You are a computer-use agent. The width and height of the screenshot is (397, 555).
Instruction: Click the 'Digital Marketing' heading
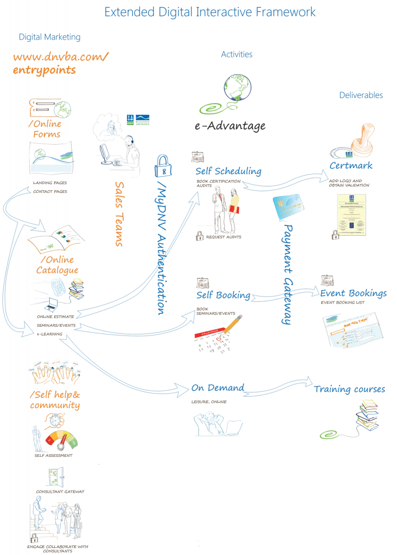point(50,37)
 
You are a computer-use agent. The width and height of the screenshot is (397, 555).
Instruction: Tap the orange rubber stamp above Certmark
point(362,139)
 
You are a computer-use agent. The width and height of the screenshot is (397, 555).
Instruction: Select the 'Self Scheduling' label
point(229,172)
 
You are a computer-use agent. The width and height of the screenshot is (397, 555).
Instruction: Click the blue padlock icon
point(163,165)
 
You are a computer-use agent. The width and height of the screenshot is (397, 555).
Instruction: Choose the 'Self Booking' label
point(223,295)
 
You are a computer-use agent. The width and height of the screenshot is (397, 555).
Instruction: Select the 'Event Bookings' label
point(354,294)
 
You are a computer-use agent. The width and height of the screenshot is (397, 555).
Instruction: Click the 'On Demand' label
point(218,388)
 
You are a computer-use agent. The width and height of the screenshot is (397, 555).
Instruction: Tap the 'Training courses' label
point(350,390)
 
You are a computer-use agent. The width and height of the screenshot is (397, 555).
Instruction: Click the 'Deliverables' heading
point(361,95)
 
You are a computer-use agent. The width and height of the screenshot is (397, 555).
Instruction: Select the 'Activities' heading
point(237,55)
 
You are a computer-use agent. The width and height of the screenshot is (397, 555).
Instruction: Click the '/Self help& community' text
point(55,400)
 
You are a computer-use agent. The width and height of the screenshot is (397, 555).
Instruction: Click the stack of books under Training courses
point(369,415)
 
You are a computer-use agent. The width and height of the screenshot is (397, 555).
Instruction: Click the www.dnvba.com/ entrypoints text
point(61,63)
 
